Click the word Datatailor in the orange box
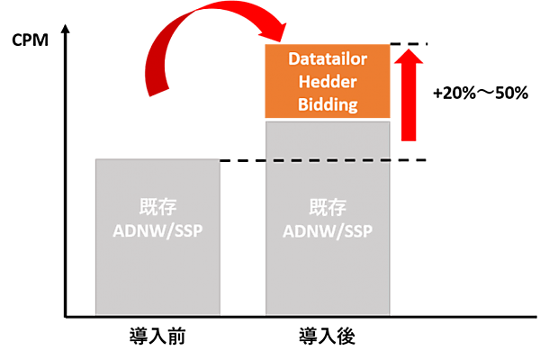[328, 58]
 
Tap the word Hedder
[328, 81]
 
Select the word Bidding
[328, 104]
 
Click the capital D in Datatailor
[292, 58]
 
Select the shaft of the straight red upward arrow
[409, 108]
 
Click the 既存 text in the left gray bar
[157, 206]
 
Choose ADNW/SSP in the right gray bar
[328, 231]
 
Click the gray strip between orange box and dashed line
[328, 139]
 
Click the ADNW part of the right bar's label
[306, 231]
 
